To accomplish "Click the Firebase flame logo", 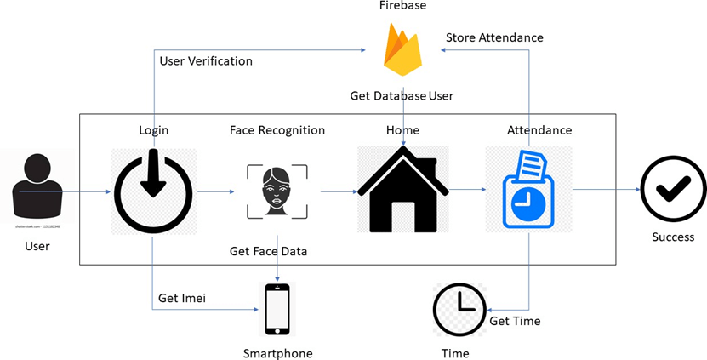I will pos(403,50).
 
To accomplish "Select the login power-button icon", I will pos(153,191).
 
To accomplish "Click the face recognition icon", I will pos(277,191).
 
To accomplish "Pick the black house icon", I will pos(402,190).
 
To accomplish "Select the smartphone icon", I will pos(277,309).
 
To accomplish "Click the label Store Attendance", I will pos(494,37).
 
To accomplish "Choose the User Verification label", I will pos(206,61).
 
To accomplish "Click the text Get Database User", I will pos(402,95).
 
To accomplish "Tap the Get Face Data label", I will pos(268,251).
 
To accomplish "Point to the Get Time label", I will pos(515,321).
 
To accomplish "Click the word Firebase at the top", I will pos(403,6).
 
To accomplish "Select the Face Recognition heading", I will pos(277,130).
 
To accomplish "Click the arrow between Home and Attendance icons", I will pos(468,190).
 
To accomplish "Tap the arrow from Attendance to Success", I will pos(604,190).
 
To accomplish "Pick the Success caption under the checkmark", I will pos(673,237).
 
